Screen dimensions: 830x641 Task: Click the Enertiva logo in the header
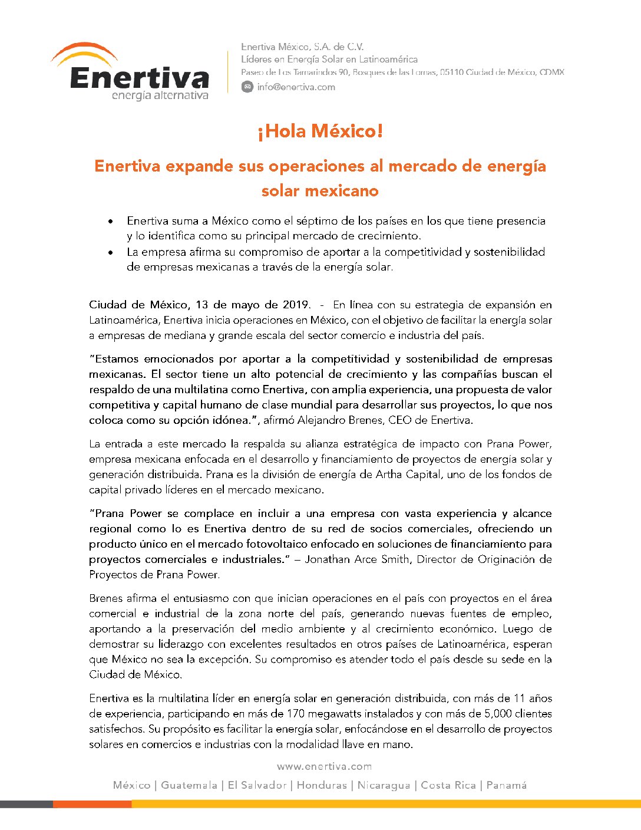(131, 72)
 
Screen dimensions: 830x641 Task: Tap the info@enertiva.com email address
(296, 87)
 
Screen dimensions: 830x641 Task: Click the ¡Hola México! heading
(320, 131)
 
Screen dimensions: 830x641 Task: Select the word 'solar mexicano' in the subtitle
(320, 191)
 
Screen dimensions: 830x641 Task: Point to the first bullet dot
(110, 222)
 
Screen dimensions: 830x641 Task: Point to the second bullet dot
(110, 252)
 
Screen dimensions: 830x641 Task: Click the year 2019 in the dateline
(296, 305)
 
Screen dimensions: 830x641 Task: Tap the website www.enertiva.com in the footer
(324, 766)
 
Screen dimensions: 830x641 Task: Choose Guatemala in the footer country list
(189, 785)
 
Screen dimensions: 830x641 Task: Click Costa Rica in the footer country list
(448, 785)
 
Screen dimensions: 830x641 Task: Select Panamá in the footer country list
(507, 785)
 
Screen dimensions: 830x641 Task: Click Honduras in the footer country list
(322, 785)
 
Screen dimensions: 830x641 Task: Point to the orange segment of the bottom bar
(92, 804)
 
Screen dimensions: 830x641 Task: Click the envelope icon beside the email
(247, 87)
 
